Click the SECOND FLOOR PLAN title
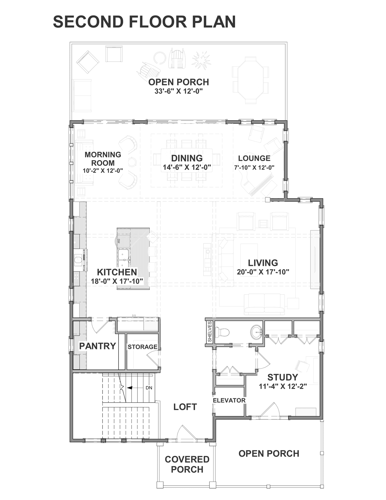click(144, 22)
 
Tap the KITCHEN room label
click(117, 272)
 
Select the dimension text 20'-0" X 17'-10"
click(263, 272)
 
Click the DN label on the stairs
click(149, 388)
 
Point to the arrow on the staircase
click(135, 388)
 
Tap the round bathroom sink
click(256, 332)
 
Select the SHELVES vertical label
click(210, 332)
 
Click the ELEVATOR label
click(229, 400)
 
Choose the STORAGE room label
click(142, 347)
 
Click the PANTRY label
click(98, 346)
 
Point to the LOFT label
click(185, 407)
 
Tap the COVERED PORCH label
click(187, 464)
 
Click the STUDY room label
click(283, 377)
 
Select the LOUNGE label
click(254, 158)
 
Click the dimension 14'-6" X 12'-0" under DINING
click(187, 167)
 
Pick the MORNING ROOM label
click(103, 159)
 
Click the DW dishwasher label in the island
click(119, 241)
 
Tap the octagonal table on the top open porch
click(250, 80)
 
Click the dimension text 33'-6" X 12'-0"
click(179, 91)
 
